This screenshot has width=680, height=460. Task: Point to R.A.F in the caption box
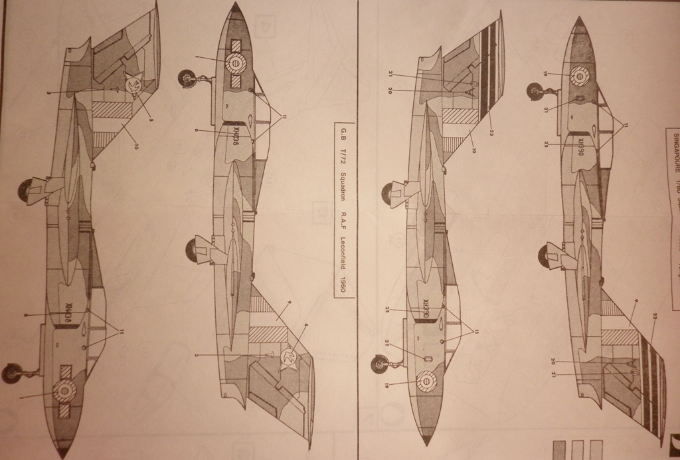tap(343, 214)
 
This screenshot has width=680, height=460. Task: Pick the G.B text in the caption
tap(343, 141)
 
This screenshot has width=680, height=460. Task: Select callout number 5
tap(151, 120)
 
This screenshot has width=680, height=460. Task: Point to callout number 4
tap(306, 326)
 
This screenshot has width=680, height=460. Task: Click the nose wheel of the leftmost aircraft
tap(11, 374)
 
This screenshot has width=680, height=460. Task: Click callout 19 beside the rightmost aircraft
tap(544, 74)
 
